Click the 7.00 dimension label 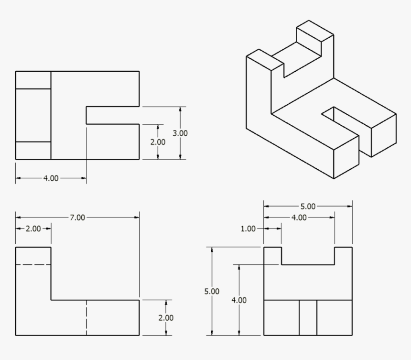[77, 218]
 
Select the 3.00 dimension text [180, 133]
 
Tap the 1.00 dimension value [248, 229]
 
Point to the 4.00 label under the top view [51, 178]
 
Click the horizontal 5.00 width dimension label [308, 207]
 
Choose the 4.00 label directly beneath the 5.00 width [299, 218]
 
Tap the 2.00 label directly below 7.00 [33, 229]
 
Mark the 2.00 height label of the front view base [166, 318]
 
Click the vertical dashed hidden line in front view [87, 318]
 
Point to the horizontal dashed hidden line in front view [33, 264]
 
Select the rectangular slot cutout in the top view [113, 115]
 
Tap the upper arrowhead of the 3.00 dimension [180, 109]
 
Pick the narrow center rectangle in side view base [308, 317]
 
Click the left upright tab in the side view [272, 255]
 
